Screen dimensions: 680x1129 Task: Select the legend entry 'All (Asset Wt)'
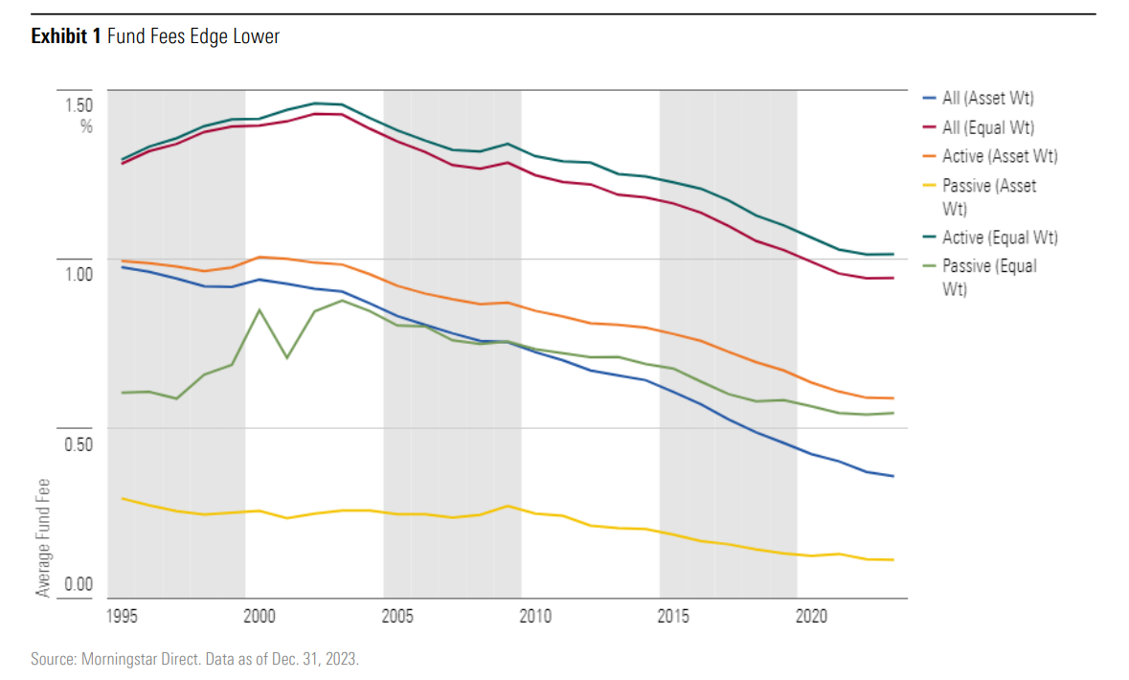(x=987, y=98)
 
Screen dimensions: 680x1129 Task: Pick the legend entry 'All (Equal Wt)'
(x=987, y=127)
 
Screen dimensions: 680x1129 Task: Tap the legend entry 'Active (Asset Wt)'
(x=1000, y=156)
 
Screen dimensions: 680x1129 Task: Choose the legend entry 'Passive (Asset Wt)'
(x=989, y=197)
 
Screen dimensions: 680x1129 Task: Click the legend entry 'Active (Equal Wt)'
(x=1000, y=238)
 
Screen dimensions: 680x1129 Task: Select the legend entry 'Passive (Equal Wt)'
(x=989, y=278)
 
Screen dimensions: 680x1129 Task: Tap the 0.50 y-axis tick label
(x=78, y=444)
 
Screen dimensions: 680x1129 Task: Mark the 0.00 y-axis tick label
(x=78, y=584)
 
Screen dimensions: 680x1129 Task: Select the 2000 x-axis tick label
(x=259, y=615)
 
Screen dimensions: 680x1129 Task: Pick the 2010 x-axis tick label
(x=535, y=615)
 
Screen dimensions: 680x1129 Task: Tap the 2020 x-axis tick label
(x=812, y=615)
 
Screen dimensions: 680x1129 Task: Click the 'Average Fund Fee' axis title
(x=43, y=536)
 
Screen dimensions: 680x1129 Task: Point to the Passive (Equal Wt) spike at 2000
(x=259, y=309)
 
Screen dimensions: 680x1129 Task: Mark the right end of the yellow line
(x=892, y=559)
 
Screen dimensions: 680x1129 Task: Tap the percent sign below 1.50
(x=86, y=126)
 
